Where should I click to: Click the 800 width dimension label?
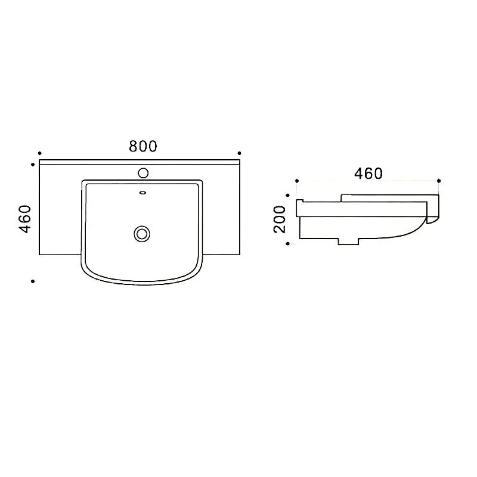pyautogui.click(x=143, y=146)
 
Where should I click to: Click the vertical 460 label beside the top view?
pyautogui.click(x=25, y=219)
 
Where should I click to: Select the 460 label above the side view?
pyautogui.click(x=368, y=174)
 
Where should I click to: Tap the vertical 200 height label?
pyautogui.click(x=280, y=219)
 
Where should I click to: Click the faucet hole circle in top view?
pyautogui.click(x=143, y=173)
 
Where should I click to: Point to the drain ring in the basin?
pyautogui.click(x=142, y=234)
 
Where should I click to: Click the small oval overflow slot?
pyautogui.click(x=143, y=193)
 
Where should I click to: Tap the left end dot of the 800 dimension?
pyautogui.click(x=39, y=153)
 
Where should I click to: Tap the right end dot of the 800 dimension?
pyautogui.click(x=240, y=153)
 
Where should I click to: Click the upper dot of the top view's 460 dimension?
pyautogui.click(x=33, y=165)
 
